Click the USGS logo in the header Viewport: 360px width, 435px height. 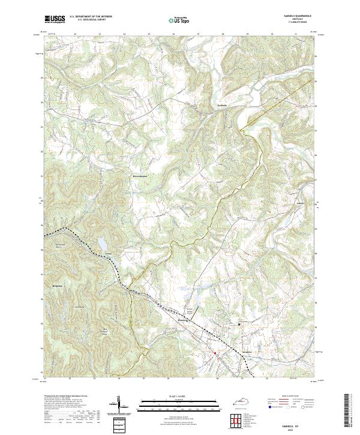54,19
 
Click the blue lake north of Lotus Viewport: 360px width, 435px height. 102,244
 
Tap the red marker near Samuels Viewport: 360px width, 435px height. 214,353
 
